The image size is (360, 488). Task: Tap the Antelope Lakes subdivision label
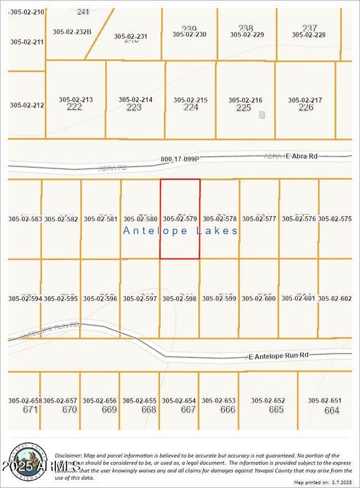click(x=181, y=231)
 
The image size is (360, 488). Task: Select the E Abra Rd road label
click(x=302, y=156)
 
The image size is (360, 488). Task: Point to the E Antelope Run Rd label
click(x=278, y=355)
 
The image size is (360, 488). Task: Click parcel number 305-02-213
click(x=76, y=99)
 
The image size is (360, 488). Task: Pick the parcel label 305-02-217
click(x=305, y=100)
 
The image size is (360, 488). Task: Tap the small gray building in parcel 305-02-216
click(x=262, y=115)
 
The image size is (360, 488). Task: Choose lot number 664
click(x=331, y=410)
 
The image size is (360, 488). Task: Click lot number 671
click(x=30, y=410)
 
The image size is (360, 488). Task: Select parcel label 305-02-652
click(x=268, y=400)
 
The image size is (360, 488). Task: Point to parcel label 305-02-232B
click(x=72, y=31)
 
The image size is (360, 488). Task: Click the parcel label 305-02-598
click(x=180, y=298)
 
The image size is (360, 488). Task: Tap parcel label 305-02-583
click(x=25, y=219)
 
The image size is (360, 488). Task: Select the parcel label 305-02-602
click(x=335, y=298)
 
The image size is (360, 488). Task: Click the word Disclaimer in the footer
click(x=68, y=456)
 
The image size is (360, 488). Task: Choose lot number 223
click(x=134, y=107)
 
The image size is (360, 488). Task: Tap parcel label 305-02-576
click(x=299, y=219)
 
